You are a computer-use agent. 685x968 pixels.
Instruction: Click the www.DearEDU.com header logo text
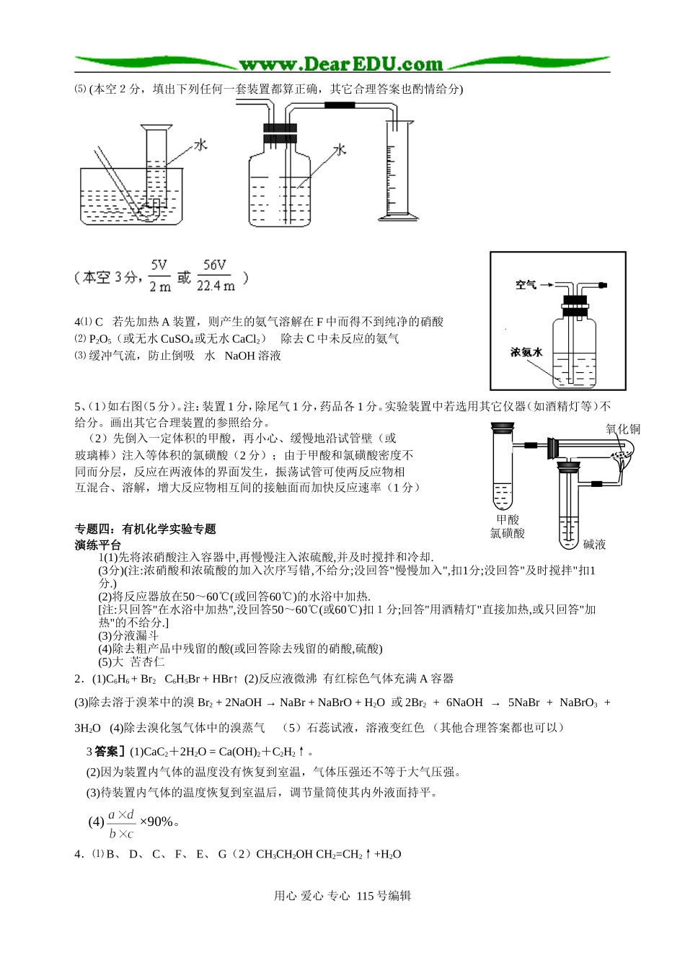341,64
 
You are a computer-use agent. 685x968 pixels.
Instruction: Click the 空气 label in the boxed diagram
526,285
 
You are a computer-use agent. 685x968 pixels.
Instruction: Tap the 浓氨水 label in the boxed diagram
526,353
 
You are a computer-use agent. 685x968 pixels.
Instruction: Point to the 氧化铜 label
623,429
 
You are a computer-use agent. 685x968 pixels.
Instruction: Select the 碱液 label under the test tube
595,545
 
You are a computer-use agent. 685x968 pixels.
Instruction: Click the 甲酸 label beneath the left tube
508,519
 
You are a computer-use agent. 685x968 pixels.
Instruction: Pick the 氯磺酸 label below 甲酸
508,534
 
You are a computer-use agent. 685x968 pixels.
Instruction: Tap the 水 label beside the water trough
200,145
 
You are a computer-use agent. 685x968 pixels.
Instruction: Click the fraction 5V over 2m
159,276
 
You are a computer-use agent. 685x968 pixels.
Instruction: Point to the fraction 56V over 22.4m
215,276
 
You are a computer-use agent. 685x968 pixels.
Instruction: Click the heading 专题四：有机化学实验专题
146,529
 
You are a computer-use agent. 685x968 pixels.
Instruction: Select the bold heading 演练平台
98,545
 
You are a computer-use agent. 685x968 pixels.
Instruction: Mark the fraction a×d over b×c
121,824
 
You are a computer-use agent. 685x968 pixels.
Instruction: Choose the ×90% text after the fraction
156,822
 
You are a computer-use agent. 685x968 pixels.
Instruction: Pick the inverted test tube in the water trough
156,170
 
